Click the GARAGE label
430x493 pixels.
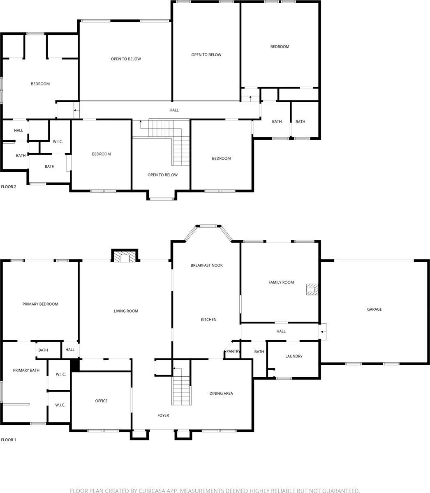click(374, 309)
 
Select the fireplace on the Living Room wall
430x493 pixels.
click(124, 257)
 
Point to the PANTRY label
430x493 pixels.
click(233, 351)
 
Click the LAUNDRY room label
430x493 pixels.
click(294, 356)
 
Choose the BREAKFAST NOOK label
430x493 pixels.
click(206, 265)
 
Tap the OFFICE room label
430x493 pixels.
click(101, 401)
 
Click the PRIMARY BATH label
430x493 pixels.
click(26, 370)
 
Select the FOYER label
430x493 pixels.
click(163, 415)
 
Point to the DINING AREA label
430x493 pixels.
click(221, 394)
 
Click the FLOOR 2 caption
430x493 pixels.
click(9, 187)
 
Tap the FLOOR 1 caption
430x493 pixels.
click(9, 440)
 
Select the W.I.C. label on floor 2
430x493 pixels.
click(58, 142)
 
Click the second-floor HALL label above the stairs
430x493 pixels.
click(174, 110)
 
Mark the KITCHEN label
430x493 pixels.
click(208, 320)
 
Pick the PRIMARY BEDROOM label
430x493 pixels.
click(40, 304)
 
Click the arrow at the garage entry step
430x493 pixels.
click(323, 332)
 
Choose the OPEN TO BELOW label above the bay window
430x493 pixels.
click(162, 175)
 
